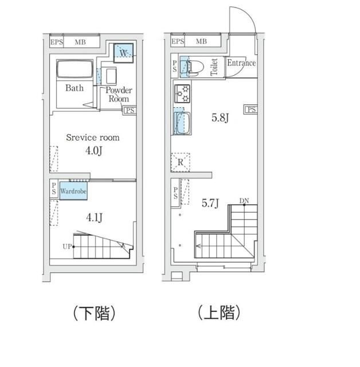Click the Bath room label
[x=74, y=88]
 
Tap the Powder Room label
[x=119, y=94]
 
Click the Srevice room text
[x=93, y=138]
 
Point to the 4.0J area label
[x=93, y=151]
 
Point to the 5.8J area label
[x=221, y=119]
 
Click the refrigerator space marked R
[x=181, y=162]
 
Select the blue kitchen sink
[x=182, y=123]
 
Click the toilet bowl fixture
[x=193, y=67]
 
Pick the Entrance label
[x=241, y=63]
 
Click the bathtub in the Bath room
[x=71, y=71]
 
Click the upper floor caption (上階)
[x=218, y=313]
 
